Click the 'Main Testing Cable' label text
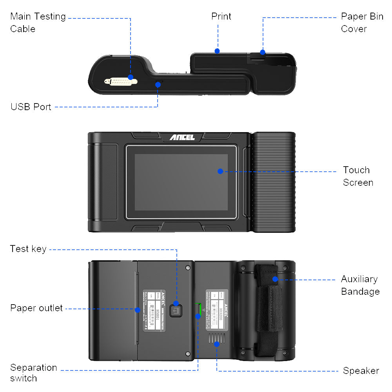point(38,22)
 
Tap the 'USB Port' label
point(31,107)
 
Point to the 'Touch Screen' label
point(358,176)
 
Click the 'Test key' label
point(28,249)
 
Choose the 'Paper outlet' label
point(36,308)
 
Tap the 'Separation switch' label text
point(34,373)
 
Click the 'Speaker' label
point(361,370)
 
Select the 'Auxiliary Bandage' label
point(360,285)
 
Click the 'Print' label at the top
point(221,16)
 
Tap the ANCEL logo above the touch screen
point(182,137)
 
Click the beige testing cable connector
point(121,82)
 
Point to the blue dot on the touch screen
point(220,171)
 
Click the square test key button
point(176,311)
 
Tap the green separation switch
point(198,310)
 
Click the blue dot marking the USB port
point(158,84)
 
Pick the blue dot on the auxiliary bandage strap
point(275,279)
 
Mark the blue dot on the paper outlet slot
point(138,310)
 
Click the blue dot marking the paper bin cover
point(263,52)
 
